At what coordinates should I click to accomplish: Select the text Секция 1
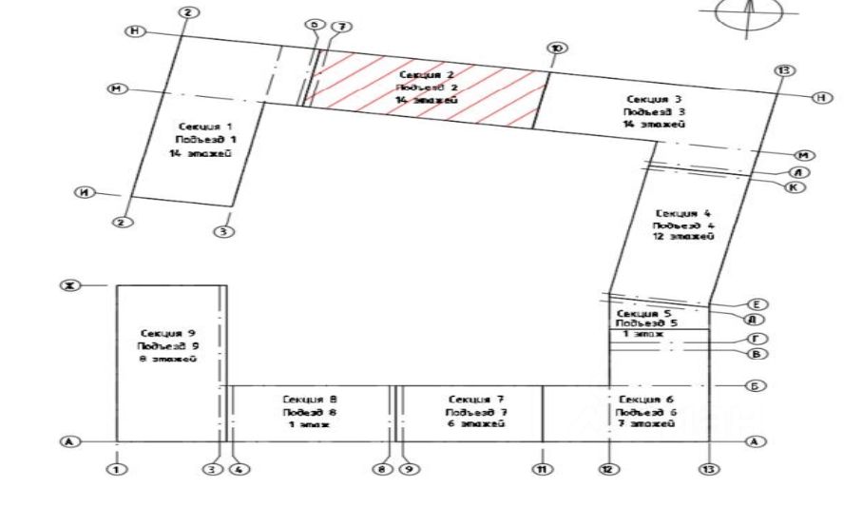click(x=204, y=126)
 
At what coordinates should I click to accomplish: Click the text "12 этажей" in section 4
click(x=683, y=237)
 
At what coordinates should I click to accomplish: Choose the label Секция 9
click(x=168, y=333)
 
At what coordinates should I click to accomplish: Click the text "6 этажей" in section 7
click(x=470, y=424)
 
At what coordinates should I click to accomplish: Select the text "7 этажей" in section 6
click(x=646, y=424)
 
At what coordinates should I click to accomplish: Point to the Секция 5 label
click(x=644, y=313)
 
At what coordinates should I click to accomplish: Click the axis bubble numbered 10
click(x=556, y=48)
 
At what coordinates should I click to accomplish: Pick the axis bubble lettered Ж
click(x=68, y=284)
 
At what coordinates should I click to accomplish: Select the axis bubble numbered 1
click(x=116, y=469)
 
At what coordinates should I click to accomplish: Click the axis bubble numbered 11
click(x=543, y=469)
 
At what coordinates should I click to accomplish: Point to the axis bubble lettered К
click(x=795, y=187)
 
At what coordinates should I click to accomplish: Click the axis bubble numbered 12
click(x=608, y=469)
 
